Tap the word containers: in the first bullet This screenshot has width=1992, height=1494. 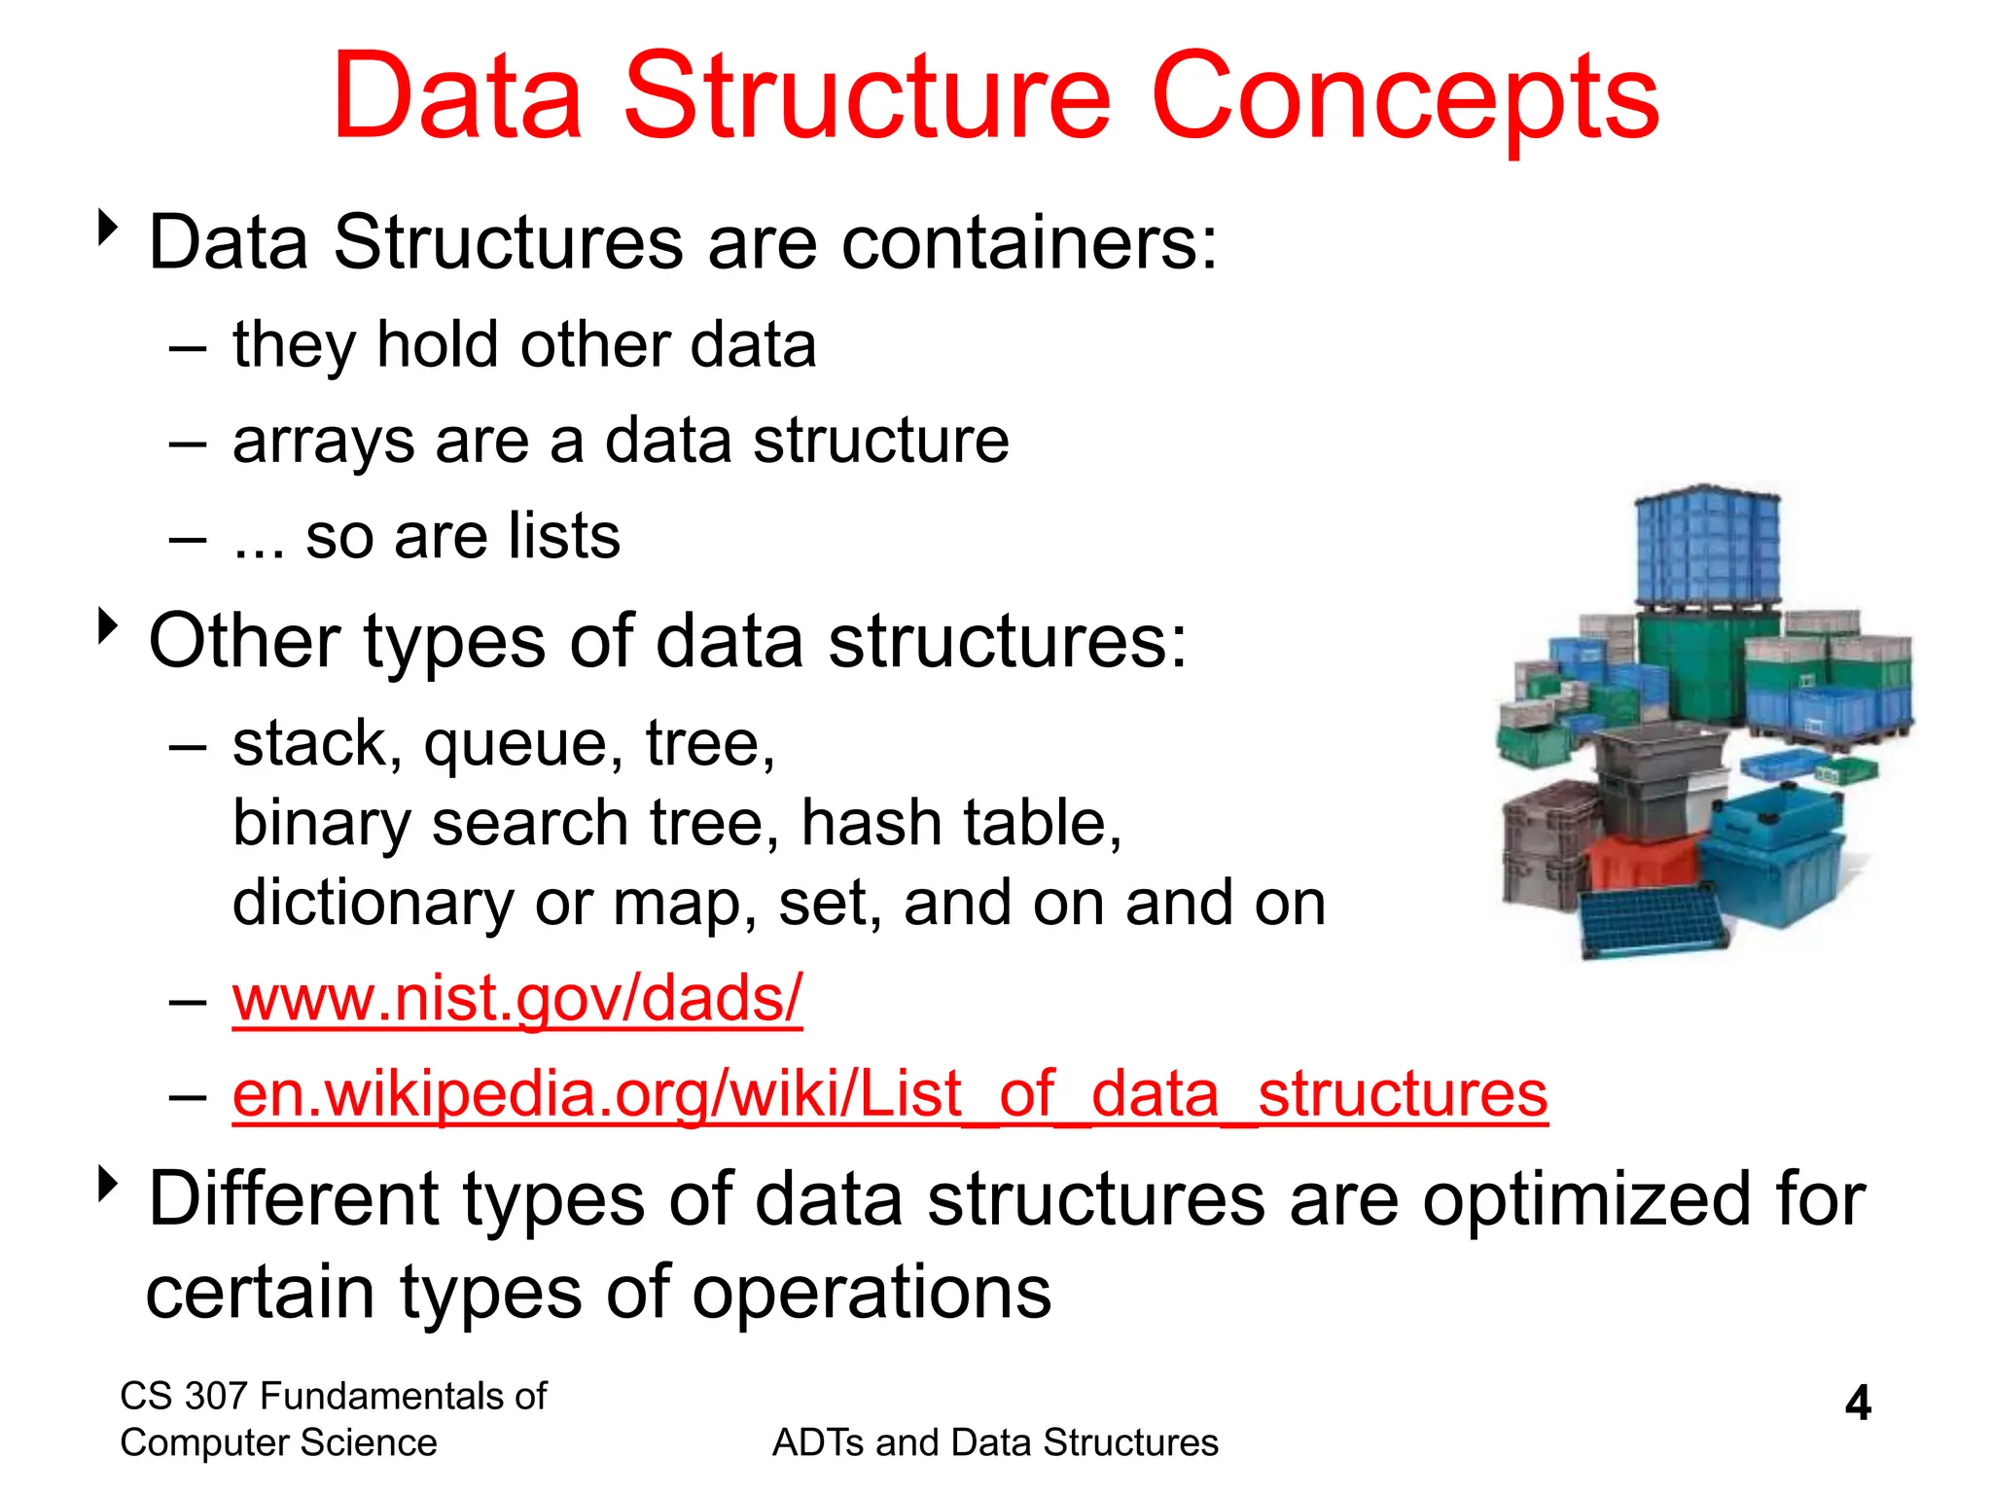coord(1028,243)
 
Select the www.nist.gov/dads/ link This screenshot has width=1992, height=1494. coord(516,999)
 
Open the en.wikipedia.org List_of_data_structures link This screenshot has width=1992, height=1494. coord(889,1094)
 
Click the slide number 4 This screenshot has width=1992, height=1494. coord(1857,1404)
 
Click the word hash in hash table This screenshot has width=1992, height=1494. coord(871,824)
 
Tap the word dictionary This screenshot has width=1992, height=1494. coord(373,904)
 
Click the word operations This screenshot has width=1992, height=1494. coord(871,1294)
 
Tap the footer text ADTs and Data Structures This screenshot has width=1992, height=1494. coord(994,1442)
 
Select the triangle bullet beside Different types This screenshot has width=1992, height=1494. coord(108,1184)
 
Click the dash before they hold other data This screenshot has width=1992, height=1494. coord(187,347)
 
